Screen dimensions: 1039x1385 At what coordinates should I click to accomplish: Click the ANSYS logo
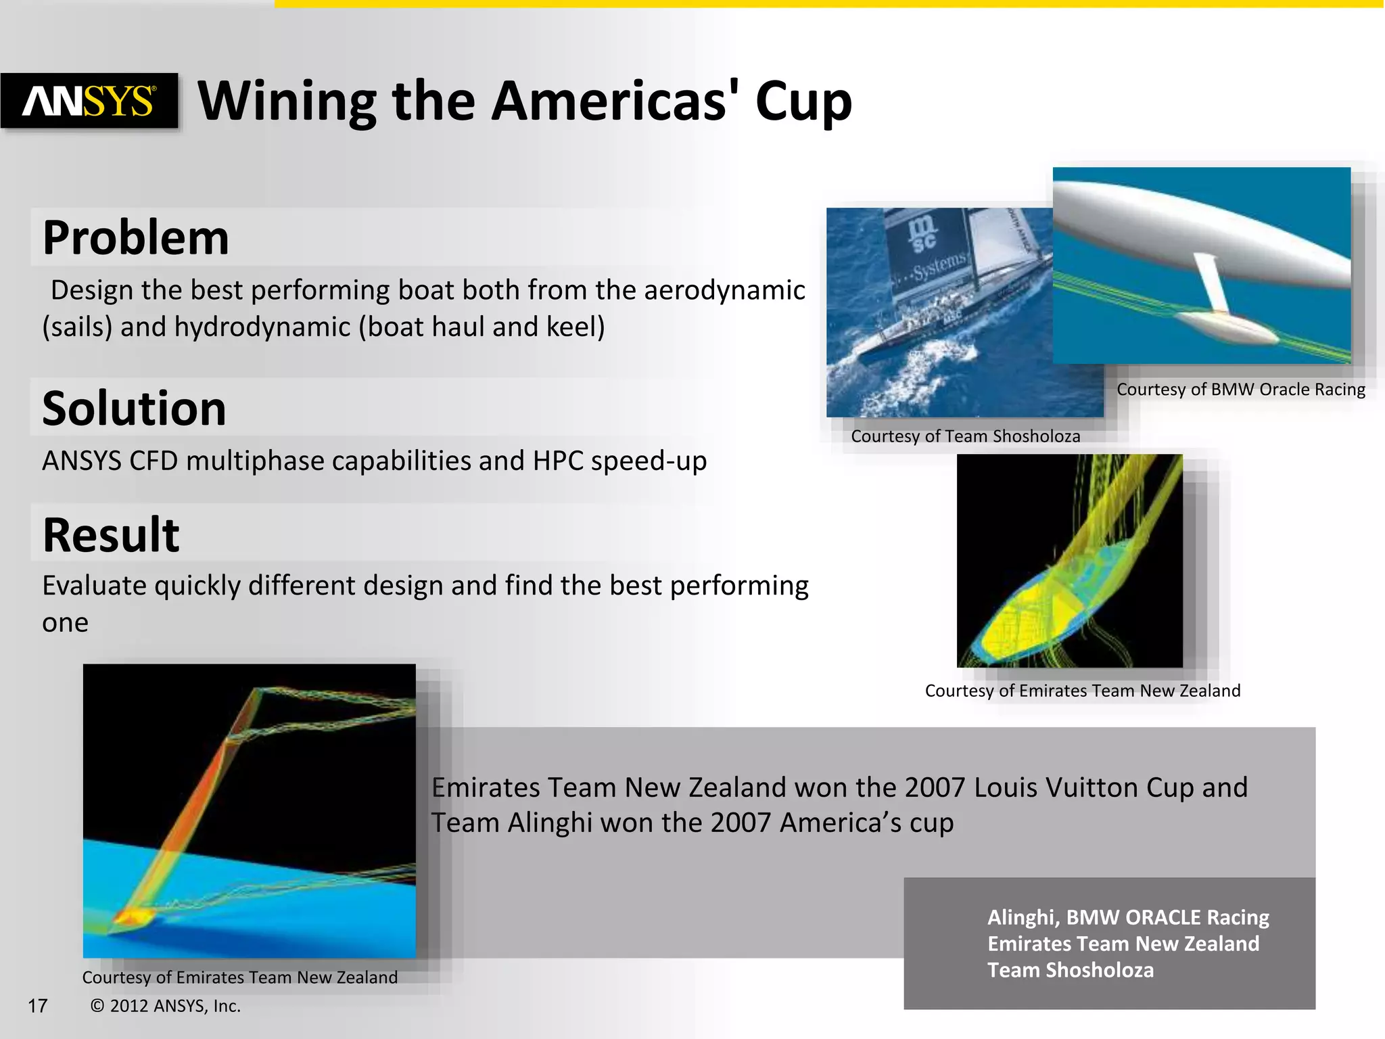(x=89, y=101)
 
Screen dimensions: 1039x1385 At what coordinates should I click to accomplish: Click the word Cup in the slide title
(x=803, y=101)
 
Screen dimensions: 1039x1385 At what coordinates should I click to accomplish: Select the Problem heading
(x=135, y=237)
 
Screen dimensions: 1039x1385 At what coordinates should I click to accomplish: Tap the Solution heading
(x=134, y=408)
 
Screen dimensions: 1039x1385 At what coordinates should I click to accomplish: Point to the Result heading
(x=111, y=534)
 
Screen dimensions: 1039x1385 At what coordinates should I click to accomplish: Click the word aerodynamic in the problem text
(x=724, y=290)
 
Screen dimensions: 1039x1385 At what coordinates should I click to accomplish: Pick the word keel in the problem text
(x=574, y=327)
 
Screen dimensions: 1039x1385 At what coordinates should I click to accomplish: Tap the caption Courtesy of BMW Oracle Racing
(x=1240, y=389)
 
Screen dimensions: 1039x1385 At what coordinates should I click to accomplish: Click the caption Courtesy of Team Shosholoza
(x=965, y=436)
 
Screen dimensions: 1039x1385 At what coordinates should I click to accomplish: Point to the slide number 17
(x=38, y=1006)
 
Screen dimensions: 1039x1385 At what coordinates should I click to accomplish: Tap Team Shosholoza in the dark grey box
(x=1070, y=970)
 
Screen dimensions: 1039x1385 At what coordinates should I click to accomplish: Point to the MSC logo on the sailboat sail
(x=922, y=233)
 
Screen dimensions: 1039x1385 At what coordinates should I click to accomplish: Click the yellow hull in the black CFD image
(x=1021, y=622)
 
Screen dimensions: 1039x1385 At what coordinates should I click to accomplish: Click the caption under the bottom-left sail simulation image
(x=239, y=977)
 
